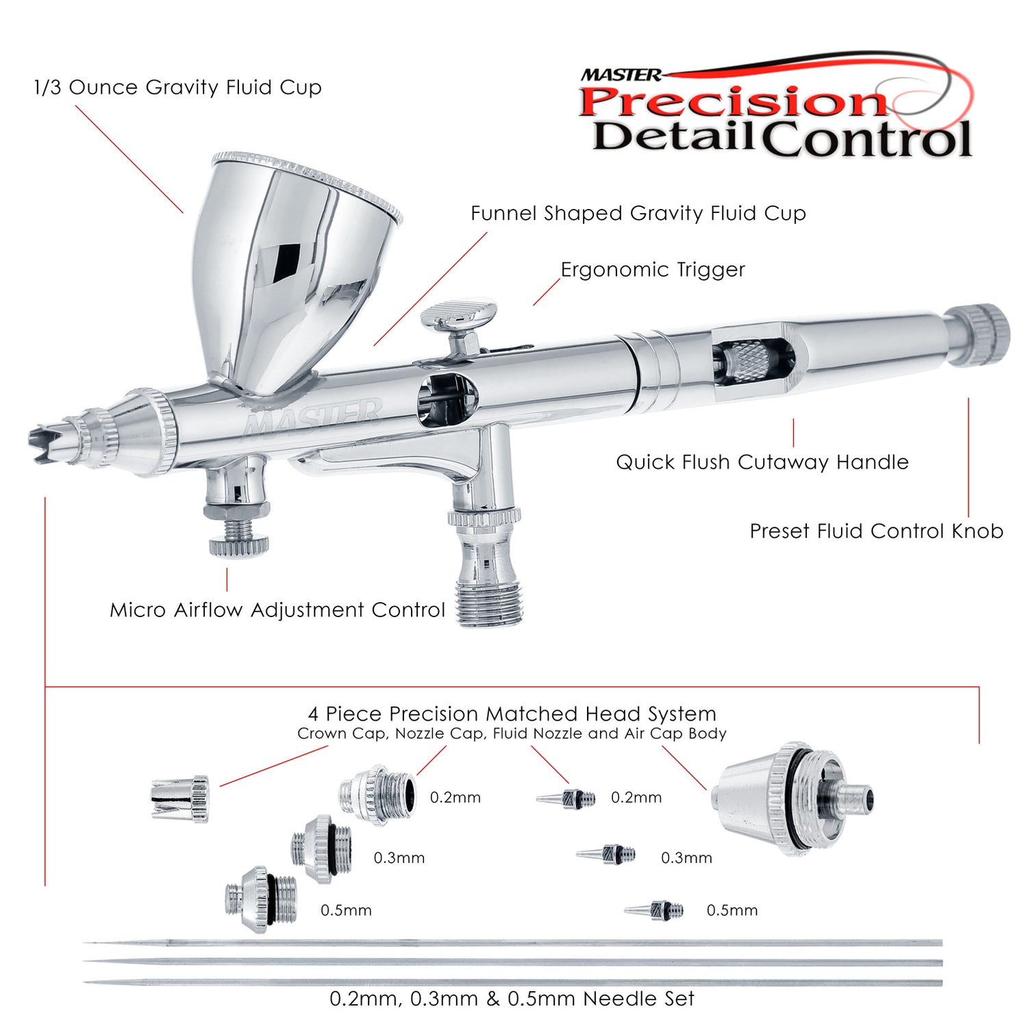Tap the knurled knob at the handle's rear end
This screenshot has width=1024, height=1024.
[x=980, y=336]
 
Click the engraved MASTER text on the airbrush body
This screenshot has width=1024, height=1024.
[x=312, y=418]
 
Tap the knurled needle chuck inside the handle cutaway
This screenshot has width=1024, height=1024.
[x=750, y=363]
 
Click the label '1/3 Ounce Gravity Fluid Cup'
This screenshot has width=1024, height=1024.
[x=177, y=88]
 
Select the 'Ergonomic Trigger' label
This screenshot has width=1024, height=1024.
[x=652, y=270]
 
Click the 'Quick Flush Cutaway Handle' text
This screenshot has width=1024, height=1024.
[x=762, y=462]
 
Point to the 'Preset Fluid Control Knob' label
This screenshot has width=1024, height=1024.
[x=876, y=532]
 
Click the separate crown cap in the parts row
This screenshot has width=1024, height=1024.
[x=179, y=798]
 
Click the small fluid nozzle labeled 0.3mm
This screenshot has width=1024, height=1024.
[x=607, y=854]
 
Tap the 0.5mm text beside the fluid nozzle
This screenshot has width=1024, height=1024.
[x=732, y=910]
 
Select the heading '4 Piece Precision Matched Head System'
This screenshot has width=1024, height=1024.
[x=512, y=714]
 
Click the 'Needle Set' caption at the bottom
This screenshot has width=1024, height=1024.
[x=512, y=999]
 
